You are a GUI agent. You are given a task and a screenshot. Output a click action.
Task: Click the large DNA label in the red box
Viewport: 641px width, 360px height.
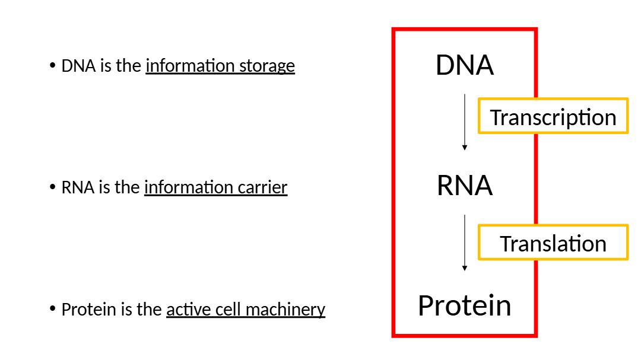(465, 65)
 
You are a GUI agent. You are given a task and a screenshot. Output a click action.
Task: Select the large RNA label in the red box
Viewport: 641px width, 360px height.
(465, 186)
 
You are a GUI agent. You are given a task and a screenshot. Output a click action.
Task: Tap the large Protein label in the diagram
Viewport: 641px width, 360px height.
(465, 305)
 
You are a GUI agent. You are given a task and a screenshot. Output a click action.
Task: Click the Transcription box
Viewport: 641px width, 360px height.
(553, 116)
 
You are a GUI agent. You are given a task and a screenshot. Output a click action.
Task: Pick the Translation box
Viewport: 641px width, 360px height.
(553, 243)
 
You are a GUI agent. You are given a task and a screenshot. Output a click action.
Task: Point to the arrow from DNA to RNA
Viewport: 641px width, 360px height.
(465, 122)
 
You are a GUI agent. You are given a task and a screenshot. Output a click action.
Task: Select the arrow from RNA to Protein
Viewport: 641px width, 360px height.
(465, 243)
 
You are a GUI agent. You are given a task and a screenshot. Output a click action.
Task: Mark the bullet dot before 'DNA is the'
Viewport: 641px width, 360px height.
(53, 65)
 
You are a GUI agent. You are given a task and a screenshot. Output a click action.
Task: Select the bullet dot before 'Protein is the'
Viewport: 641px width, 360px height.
(53, 309)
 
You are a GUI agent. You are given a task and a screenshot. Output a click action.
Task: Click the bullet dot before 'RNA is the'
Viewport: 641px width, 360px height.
(53, 187)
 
